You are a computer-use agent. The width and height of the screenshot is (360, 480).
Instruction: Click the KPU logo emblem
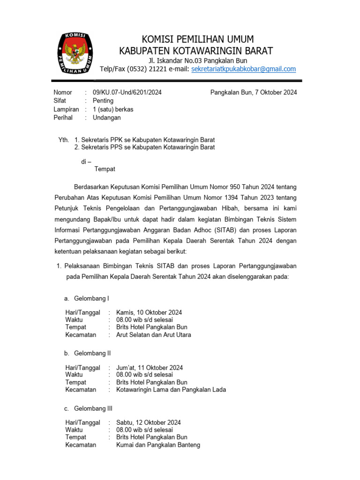[x=75, y=52]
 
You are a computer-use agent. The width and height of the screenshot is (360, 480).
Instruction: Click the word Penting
[x=103, y=101]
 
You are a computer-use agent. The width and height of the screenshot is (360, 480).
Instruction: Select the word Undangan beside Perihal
[x=107, y=118]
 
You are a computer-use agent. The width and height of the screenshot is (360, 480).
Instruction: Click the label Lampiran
[x=66, y=109]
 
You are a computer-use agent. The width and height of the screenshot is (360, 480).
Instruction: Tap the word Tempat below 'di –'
[x=105, y=169]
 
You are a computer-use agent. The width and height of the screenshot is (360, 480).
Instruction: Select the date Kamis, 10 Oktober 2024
[x=149, y=312]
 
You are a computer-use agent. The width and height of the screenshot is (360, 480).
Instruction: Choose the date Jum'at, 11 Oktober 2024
[x=150, y=367]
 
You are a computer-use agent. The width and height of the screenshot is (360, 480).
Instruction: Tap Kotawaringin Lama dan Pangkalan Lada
[x=171, y=390]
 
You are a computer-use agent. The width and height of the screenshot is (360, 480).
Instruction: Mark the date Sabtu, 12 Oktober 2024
[x=149, y=422]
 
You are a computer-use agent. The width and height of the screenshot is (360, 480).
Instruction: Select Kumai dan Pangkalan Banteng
[x=158, y=445]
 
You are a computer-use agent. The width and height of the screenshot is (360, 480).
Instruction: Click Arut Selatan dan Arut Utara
[x=154, y=335]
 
